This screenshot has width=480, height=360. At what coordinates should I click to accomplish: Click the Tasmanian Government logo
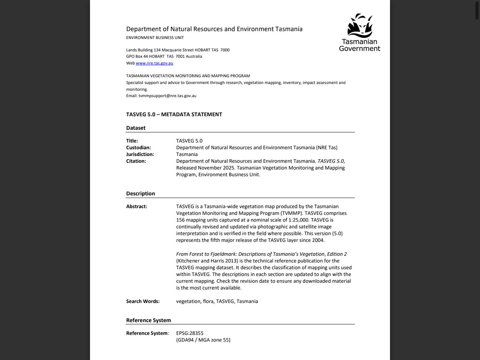coord(360,33)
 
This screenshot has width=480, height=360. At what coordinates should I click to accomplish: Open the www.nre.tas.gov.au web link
coord(154,63)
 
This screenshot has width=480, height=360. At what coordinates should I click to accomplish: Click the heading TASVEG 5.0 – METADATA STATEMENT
coord(174,114)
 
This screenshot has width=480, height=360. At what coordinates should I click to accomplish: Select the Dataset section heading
coord(136,128)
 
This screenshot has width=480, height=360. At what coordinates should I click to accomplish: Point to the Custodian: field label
coord(138,148)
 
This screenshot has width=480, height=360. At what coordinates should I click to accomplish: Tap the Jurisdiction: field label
coord(140,154)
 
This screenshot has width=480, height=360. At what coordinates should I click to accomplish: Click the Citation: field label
coord(136,161)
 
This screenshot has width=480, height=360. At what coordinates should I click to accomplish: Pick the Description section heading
coord(141,193)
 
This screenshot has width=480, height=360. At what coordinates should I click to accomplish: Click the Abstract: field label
coord(136,207)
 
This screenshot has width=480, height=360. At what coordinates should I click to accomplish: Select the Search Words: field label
coord(143,301)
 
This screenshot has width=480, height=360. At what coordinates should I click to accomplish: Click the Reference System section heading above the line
coord(148,320)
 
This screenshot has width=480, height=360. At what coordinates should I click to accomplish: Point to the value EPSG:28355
coord(190,333)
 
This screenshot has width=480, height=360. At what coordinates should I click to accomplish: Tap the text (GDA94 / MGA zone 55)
coord(203,340)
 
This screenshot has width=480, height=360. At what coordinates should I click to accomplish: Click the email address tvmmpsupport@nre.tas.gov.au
coord(167,96)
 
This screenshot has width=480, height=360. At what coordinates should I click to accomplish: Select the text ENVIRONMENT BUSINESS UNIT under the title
coord(155,37)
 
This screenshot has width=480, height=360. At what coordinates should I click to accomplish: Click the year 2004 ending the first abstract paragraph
coord(318,240)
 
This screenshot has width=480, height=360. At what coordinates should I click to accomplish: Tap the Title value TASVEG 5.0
coord(189,141)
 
